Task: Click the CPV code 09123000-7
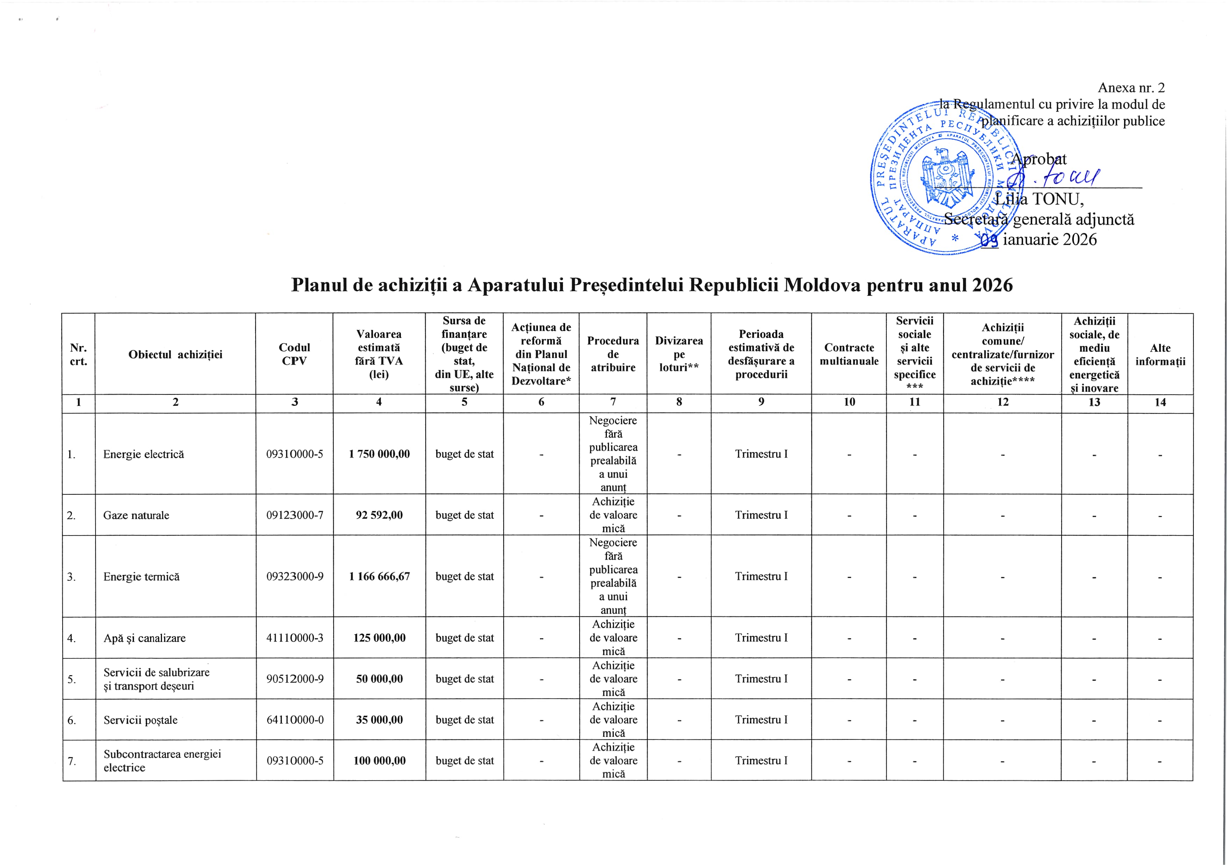pyautogui.click(x=295, y=515)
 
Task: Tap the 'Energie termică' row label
pyautogui.click(x=142, y=576)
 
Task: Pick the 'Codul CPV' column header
pyautogui.click(x=295, y=354)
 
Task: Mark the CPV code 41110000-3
pyautogui.click(x=295, y=638)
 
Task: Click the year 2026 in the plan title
pyautogui.click(x=992, y=285)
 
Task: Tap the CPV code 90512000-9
pyautogui.click(x=295, y=679)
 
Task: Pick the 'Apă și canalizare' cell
pyautogui.click(x=144, y=638)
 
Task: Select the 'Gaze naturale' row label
pyautogui.click(x=136, y=515)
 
